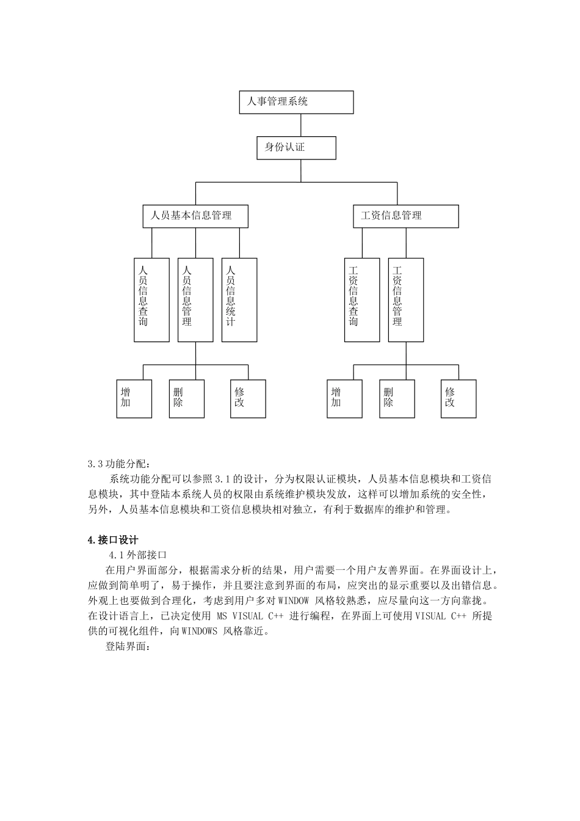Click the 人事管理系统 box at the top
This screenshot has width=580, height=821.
coord(296,102)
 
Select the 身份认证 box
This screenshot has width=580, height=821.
coord(296,148)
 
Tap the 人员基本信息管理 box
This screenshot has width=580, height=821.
coord(195,216)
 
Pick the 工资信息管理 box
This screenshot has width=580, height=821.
coord(405,216)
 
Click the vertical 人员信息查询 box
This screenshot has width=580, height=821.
coord(151,299)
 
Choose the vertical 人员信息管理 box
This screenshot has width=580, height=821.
coord(195,299)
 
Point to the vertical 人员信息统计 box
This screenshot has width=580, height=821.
coord(239,299)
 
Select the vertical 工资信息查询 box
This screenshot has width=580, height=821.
coord(362,299)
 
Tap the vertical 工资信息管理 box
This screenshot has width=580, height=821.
coord(406,299)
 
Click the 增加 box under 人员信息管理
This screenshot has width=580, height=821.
coord(134,398)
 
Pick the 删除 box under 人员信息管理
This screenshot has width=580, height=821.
coord(187,398)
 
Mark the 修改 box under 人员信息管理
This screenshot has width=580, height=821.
coord(248,398)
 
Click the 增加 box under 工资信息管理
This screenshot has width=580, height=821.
coord(344,398)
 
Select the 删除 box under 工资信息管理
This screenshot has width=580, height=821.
coord(397,398)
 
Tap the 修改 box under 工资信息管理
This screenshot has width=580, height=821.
coord(459,398)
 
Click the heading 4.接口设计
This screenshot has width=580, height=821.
coord(113,540)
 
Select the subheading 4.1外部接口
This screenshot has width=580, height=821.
coord(137,555)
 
